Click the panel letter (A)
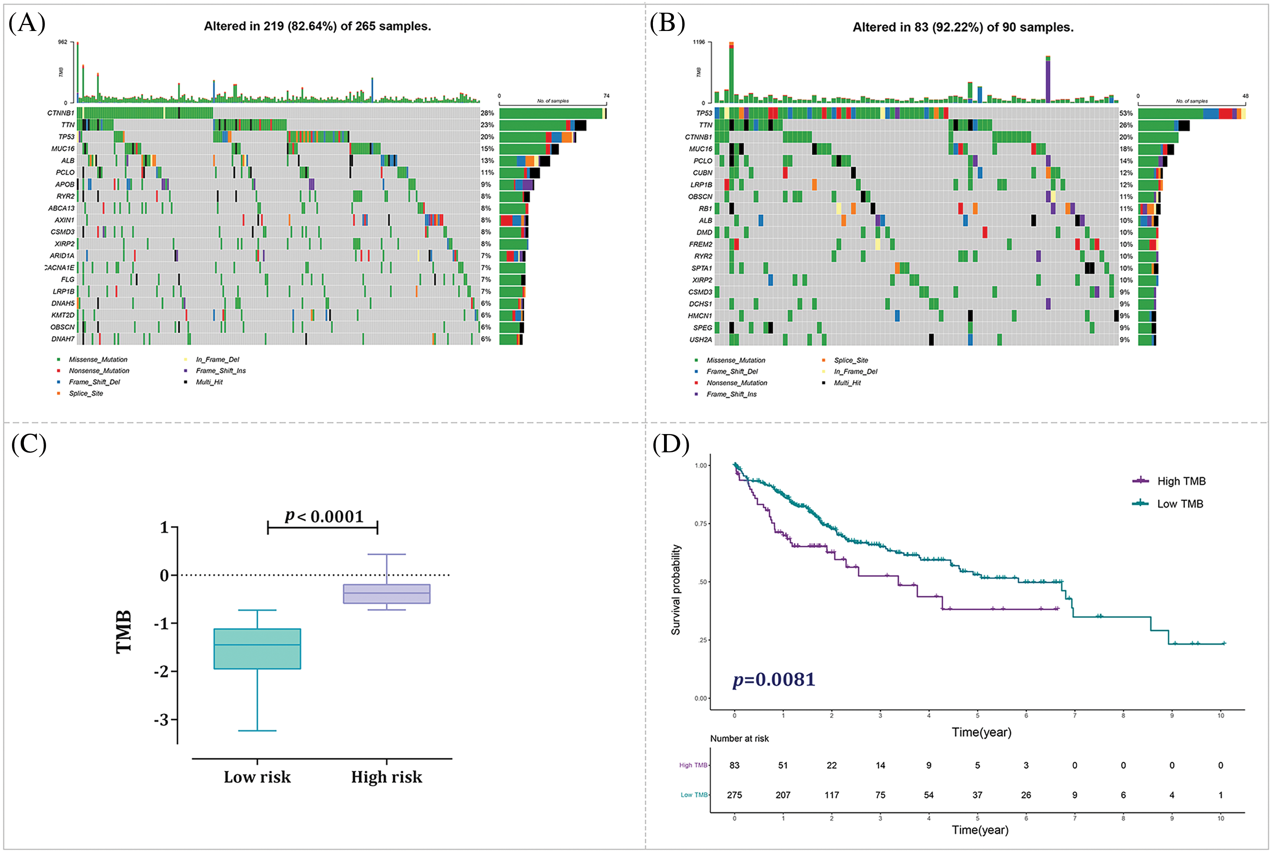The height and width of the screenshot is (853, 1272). coord(27,23)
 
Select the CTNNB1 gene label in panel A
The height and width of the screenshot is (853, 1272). coord(60,113)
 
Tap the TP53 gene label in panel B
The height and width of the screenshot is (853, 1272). coord(704,113)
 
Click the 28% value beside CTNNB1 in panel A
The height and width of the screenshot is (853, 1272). coord(487,113)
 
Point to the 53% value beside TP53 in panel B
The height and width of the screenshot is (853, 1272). coord(1126,113)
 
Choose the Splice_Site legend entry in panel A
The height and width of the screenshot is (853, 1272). coord(85,393)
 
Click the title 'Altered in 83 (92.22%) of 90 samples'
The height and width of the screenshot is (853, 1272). coord(962,27)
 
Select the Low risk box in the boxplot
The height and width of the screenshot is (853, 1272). coord(257,648)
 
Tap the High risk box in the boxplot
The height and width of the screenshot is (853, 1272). coord(386,594)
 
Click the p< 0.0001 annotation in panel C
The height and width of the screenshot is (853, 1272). coord(324,516)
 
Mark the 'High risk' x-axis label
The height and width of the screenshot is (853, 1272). coord(386,777)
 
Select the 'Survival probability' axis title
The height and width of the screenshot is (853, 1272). coord(676,590)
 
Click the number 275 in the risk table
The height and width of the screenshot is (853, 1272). coord(734,795)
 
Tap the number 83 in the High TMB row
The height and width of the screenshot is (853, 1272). coord(734,765)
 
